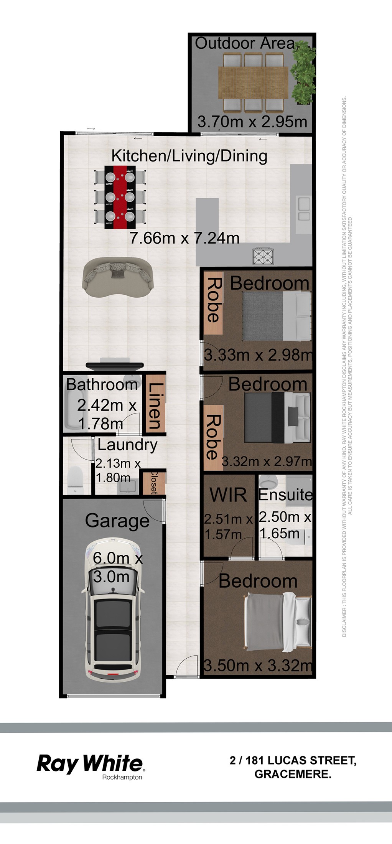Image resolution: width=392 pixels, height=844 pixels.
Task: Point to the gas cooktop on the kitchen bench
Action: coord(263,256)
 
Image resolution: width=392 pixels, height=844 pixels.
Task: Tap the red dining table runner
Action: coord(120,197)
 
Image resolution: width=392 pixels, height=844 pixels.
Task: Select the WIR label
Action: coord(228,495)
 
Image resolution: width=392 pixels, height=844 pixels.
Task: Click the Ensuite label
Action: coord(285,495)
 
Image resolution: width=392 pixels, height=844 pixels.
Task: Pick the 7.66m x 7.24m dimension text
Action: coord(184,238)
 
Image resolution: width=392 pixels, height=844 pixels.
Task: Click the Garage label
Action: coord(117,521)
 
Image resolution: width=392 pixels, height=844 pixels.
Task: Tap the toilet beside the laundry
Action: coord(75,480)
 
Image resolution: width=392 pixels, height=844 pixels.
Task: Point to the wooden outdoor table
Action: coord(253,82)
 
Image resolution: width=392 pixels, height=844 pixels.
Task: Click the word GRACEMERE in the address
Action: coord(293,774)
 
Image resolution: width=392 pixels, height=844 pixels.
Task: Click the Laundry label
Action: coord(127,445)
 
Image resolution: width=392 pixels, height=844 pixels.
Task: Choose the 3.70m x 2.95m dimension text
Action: coord(252,122)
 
